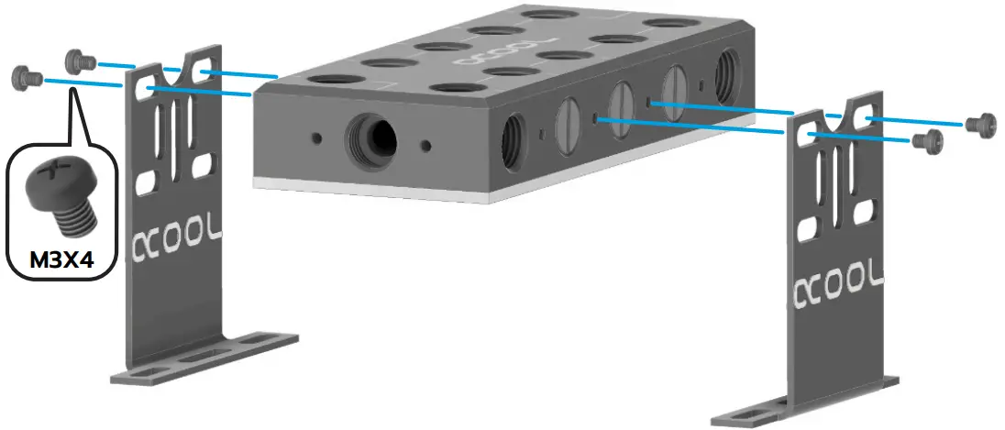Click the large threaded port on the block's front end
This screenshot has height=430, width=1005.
click(x=370, y=140)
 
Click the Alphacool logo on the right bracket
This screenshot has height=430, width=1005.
click(x=840, y=280)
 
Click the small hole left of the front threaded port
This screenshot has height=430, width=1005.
click(x=316, y=138)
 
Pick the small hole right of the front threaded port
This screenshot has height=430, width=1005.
click(x=425, y=145)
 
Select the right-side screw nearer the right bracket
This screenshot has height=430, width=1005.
click(x=928, y=140)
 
